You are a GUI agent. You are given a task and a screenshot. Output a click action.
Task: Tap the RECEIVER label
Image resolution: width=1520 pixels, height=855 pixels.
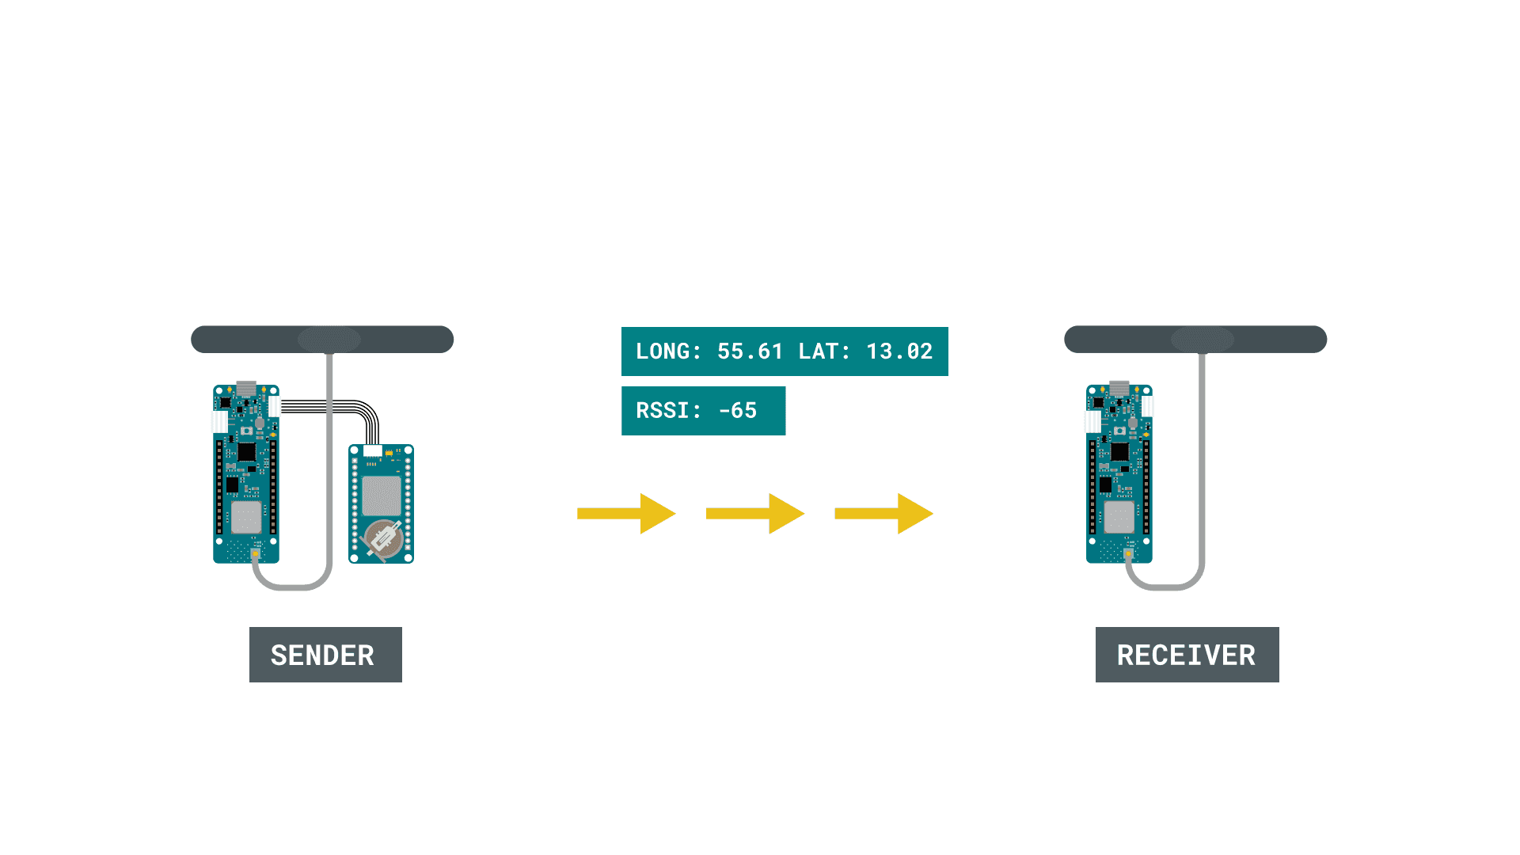point(1186,655)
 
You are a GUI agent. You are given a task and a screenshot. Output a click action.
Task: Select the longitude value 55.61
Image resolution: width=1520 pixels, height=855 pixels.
point(750,351)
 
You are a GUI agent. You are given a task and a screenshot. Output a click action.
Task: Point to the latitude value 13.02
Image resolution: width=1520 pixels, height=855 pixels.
point(899,351)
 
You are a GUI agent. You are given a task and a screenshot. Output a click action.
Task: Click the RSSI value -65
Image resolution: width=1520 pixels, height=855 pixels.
point(737,411)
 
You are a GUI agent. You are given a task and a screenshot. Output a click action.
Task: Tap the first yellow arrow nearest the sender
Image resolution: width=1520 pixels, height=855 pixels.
point(626,514)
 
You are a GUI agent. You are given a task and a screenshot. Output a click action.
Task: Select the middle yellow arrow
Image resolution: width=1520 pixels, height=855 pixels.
point(754,514)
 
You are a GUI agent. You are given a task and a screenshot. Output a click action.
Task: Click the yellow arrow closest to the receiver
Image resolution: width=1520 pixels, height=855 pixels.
point(883,514)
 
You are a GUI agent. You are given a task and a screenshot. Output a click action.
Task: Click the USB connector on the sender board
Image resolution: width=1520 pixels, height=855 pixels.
point(246,389)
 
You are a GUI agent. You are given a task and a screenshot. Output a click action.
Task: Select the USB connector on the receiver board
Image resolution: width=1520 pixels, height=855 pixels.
point(1119,389)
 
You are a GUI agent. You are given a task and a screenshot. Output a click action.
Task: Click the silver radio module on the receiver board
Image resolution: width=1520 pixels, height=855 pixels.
point(1119,517)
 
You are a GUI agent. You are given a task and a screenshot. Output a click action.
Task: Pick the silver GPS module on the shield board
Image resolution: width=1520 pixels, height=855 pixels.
point(381,496)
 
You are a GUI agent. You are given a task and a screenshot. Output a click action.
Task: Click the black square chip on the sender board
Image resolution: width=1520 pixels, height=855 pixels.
point(246,452)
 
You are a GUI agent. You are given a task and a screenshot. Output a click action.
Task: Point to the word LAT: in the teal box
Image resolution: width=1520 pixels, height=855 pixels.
point(824,351)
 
